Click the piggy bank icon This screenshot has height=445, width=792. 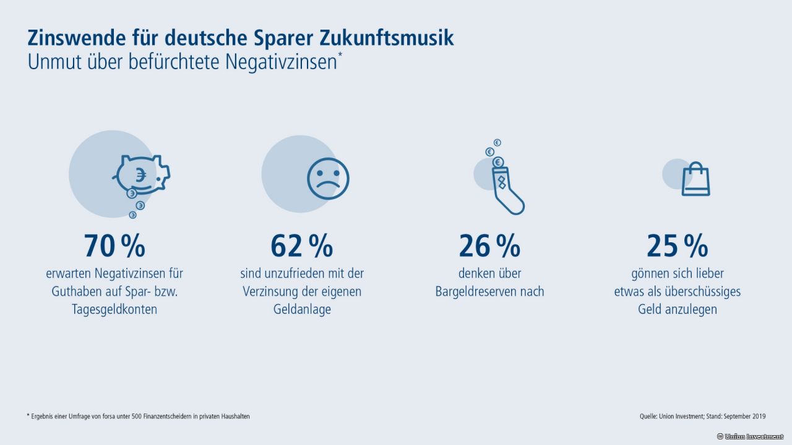point(142,175)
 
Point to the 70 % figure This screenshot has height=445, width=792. point(114,246)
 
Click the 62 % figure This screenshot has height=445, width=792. point(301,246)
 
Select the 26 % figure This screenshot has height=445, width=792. point(489,246)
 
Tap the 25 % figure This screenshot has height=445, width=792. point(677,246)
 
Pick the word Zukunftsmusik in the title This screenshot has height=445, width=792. point(387,38)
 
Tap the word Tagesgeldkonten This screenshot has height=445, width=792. point(114,310)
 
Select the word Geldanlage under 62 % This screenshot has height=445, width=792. point(302,310)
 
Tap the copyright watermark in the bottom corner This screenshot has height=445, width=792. point(749,436)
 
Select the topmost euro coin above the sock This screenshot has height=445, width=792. point(497,143)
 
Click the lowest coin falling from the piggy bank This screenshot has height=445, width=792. point(132,214)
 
